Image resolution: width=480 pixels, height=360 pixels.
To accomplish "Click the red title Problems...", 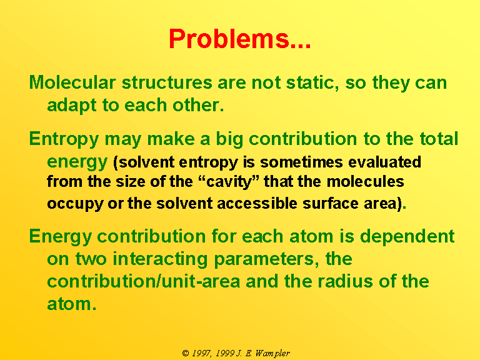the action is coord(240,39).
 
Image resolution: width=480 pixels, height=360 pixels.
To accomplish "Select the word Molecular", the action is coord(72,82).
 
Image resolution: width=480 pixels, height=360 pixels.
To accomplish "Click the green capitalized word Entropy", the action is coord(64,139).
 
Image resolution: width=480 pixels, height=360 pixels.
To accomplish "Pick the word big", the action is coord(229,139).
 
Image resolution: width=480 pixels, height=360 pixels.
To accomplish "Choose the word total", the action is coord(439,139).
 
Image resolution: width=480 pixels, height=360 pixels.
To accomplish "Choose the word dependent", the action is coord(407,236).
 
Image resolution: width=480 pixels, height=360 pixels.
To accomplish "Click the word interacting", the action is coord(160,259).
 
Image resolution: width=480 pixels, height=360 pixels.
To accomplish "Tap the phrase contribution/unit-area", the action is coord(144,281).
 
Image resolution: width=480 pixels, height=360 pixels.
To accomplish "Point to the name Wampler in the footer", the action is coord(272,354).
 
